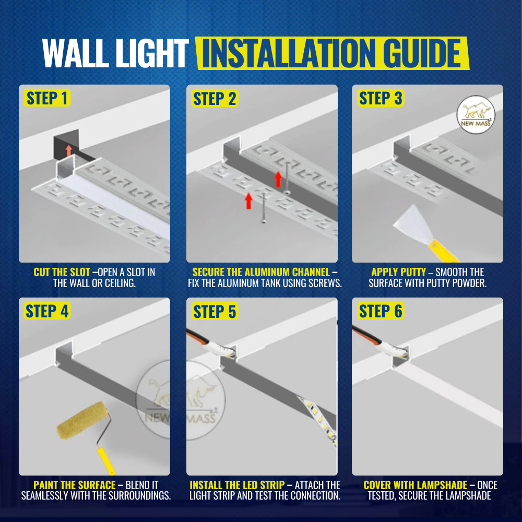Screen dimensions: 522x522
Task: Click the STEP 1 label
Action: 47,98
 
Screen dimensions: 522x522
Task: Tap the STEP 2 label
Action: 215,99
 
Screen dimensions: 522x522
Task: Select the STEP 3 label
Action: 381,98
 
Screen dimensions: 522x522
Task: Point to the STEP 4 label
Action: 47,311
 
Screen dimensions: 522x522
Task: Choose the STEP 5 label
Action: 215,312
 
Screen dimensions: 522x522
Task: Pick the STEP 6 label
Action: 381,311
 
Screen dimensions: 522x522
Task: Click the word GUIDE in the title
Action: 422,53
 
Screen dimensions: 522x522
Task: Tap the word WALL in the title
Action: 76,53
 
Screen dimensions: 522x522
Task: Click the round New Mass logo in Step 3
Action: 476,114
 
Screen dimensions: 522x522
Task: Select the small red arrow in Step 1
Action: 68,150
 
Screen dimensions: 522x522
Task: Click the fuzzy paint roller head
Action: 83,420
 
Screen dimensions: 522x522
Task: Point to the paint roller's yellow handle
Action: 106,461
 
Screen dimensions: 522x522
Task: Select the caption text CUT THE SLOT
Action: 62,272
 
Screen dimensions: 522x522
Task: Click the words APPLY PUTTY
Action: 398,272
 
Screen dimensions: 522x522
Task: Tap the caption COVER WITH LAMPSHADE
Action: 415,485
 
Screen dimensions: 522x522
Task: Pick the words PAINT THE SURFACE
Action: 75,485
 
